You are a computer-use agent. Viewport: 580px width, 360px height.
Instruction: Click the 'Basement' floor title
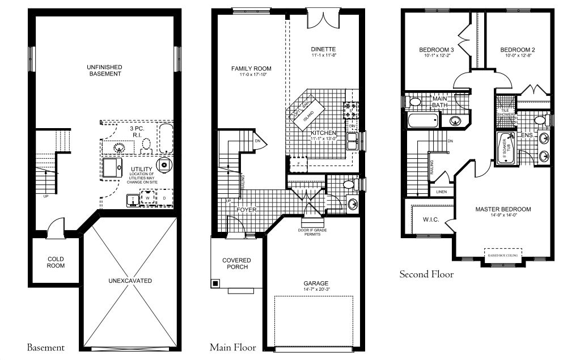pos(45,348)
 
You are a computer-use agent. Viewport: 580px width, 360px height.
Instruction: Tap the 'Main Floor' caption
pos(232,348)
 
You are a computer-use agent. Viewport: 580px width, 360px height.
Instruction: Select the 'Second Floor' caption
pos(426,274)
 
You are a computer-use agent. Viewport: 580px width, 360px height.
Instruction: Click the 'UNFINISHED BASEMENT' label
pos(104,70)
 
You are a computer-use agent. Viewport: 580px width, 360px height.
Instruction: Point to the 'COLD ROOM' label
pos(56,262)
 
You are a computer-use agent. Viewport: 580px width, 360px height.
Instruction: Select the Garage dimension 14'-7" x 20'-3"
pos(315,290)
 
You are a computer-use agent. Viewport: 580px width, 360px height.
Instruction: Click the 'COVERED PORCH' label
pos(236,264)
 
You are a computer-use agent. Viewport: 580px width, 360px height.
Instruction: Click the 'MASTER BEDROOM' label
pos(503,209)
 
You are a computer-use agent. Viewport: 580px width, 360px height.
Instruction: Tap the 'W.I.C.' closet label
pos(432,219)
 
